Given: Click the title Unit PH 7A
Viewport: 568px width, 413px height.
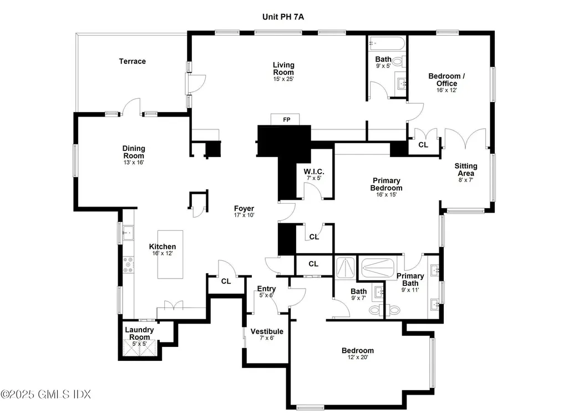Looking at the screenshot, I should [x=283, y=17].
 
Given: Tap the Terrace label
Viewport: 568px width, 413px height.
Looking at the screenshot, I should [x=133, y=61].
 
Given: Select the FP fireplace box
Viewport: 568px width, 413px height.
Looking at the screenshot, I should [x=286, y=119].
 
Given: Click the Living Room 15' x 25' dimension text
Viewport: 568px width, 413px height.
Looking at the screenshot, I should [x=283, y=79].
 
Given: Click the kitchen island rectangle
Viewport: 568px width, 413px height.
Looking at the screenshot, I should [x=170, y=255].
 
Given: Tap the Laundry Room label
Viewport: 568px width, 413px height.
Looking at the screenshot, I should [x=139, y=333].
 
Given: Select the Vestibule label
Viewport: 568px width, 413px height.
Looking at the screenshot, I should [x=267, y=331].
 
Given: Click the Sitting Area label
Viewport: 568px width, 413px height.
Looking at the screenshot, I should [x=466, y=169].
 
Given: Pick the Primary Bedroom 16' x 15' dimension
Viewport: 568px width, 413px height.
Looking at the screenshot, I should [x=387, y=195].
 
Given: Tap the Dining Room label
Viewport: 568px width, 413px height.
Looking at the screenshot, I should [x=134, y=152].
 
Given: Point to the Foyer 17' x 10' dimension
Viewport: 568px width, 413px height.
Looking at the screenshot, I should [x=244, y=215].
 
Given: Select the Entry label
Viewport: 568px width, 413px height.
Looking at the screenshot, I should [x=266, y=289].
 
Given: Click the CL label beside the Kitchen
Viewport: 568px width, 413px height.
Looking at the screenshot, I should [x=226, y=281].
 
